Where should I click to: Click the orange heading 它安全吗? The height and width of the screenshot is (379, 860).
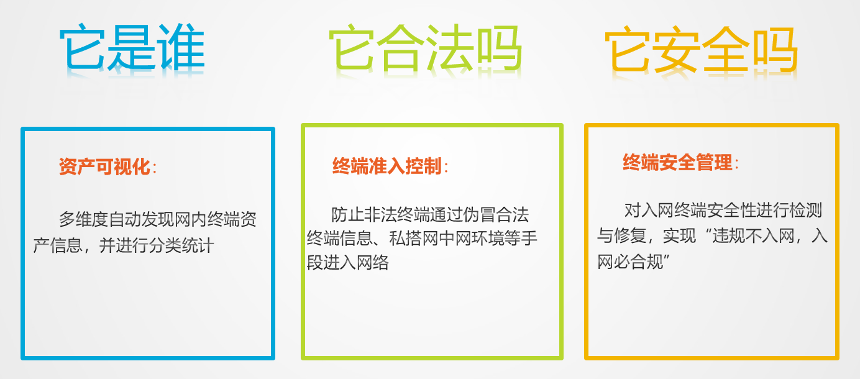point(702,50)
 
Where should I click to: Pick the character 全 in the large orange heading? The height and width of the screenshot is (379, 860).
point(726,50)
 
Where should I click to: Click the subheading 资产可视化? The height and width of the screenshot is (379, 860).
point(104,167)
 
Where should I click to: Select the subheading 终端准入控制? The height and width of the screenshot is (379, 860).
point(387,166)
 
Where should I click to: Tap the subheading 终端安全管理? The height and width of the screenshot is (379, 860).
point(678,162)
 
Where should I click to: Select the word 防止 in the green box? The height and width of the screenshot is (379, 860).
point(347,215)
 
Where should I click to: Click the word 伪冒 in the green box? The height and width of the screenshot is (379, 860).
point(479,215)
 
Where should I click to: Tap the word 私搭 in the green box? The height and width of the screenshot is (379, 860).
point(405,239)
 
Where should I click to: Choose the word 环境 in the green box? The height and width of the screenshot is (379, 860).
point(488,239)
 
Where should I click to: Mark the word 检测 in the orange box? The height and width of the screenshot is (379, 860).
point(805,211)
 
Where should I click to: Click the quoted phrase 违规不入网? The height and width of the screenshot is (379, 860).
point(753,235)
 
